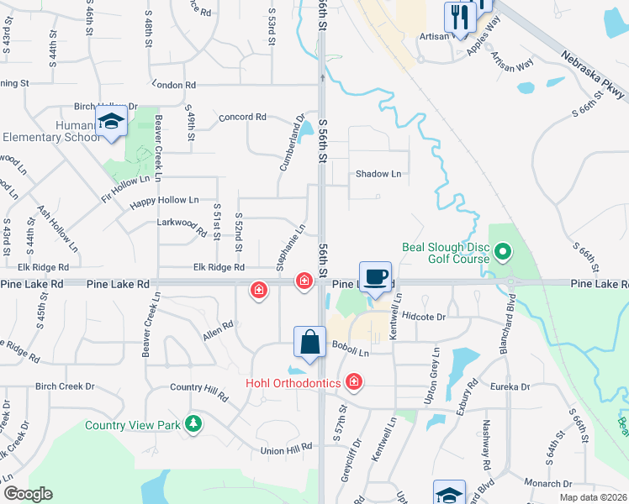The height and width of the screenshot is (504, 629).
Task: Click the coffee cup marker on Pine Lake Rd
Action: point(375,276)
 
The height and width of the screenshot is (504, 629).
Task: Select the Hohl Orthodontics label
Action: point(293,383)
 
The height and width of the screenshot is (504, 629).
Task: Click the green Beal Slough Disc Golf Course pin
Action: point(503,251)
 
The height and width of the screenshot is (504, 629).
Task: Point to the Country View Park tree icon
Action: point(194,423)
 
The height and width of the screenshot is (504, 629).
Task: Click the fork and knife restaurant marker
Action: point(457,14)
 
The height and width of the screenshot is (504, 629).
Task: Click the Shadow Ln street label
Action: point(378,174)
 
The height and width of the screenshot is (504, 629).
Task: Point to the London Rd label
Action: point(175,85)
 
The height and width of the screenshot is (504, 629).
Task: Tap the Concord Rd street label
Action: point(242,117)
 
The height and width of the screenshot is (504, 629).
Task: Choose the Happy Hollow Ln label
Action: point(165,200)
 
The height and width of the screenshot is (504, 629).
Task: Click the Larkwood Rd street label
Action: point(182,224)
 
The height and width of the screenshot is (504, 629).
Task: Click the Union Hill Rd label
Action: point(288,450)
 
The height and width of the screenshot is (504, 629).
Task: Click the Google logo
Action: point(28,494)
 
